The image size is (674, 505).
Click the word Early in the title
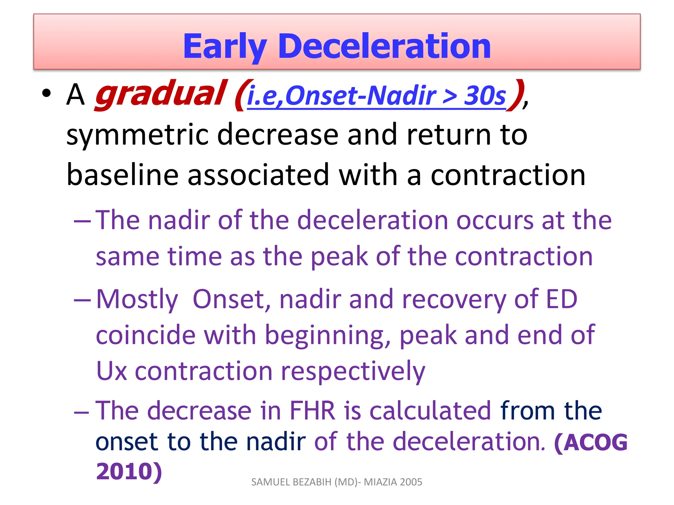point(224,47)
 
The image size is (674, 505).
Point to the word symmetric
point(137,135)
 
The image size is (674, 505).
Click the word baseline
point(122,175)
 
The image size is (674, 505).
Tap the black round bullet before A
point(47,94)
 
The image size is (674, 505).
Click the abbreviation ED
point(561,299)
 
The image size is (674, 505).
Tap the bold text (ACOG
point(591,442)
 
